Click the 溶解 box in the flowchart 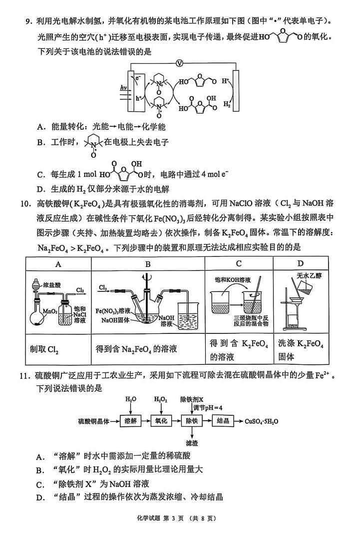pos(131,421)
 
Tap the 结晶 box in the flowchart pos(223,421)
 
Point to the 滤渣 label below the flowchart pos(191,442)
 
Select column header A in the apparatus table pos(58,263)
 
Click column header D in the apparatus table pos(300,263)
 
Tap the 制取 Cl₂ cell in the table pos(44,349)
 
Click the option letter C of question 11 pos(39,484)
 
